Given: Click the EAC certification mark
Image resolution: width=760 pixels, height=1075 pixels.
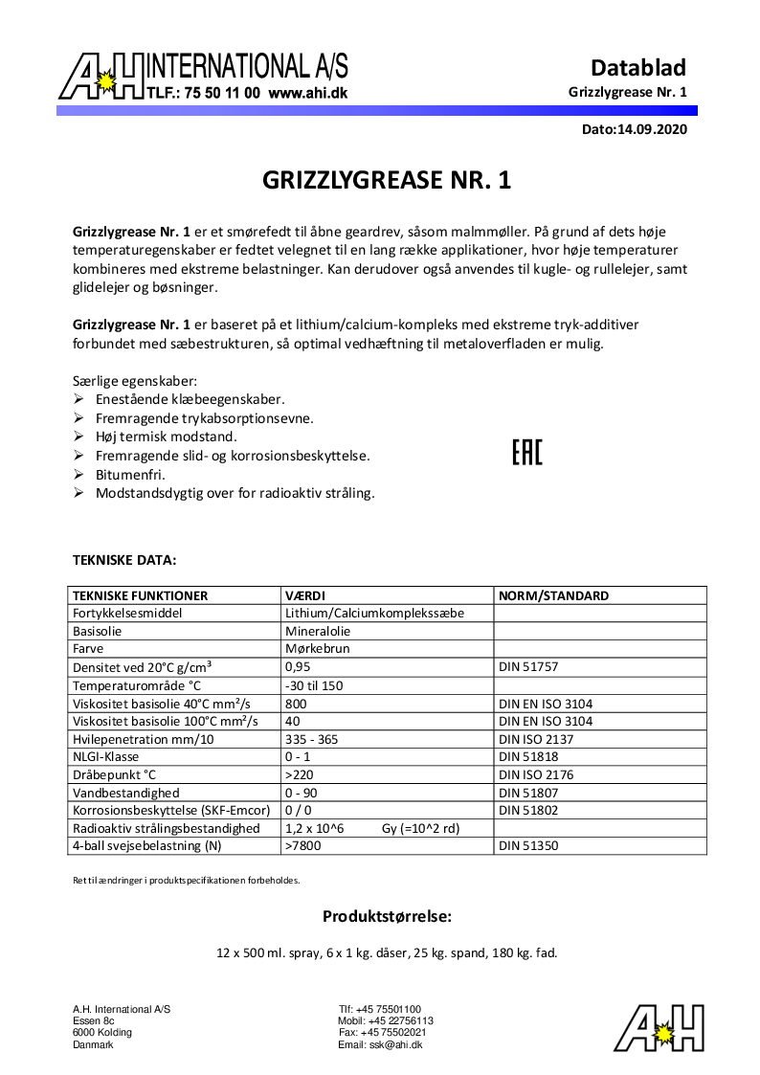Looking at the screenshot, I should tap(526, 452).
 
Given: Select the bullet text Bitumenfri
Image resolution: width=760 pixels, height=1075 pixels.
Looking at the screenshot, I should tap(130, 475).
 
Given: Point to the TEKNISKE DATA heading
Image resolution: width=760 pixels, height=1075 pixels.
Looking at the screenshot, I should tap(124, 559).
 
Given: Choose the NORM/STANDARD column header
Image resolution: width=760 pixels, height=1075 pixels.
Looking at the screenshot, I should tap(553, 595).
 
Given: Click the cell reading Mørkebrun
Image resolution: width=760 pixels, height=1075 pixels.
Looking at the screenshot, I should tap(318, 649).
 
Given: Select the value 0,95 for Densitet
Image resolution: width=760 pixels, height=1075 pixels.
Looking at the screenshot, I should tap(299, 667).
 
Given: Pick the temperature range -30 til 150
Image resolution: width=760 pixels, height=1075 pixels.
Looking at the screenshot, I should tap(314, 685).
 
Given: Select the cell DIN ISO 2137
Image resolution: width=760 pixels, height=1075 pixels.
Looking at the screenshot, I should tap(536, 739).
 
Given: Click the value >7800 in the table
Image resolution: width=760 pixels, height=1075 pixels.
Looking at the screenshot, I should tap(302, 846).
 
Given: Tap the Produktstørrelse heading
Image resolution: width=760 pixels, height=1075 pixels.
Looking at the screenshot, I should tap(387, 916).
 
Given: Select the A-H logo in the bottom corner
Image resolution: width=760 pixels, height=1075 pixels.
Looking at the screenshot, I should tap(659, 1027).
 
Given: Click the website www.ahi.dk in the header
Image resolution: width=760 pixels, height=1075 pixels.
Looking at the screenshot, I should tap(307, 94).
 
